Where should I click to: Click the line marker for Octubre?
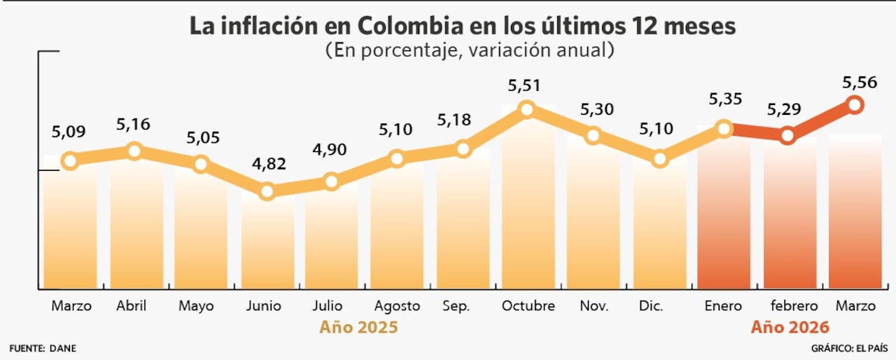pyautogui.click(x=527, y=109)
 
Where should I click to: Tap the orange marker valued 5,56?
pyautogui.click(x=855, y=105)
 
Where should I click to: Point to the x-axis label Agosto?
pyautogui.click(x=397, y=306)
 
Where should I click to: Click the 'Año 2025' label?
pyautogui.click(x=359, y=327)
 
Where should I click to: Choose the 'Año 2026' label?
pyautogui.click(x=790, y=327)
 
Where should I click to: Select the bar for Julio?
pyautogui.click(x=332, y=238)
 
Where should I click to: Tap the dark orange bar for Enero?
pyautogui.click(x=723, y=210)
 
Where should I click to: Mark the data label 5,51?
pyautogui.click(x=526, y=85)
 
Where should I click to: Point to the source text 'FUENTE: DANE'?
pyautogui.click(x=43, y=348)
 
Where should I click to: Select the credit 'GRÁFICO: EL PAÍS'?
pyautogui.click(x=849, y=348)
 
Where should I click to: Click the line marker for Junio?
pyautogui.click(x=267, y=191)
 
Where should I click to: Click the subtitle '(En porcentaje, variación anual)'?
pyautogui.click(x=470, y=50)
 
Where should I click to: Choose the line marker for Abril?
pyautogui.click(x=134, y=151)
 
